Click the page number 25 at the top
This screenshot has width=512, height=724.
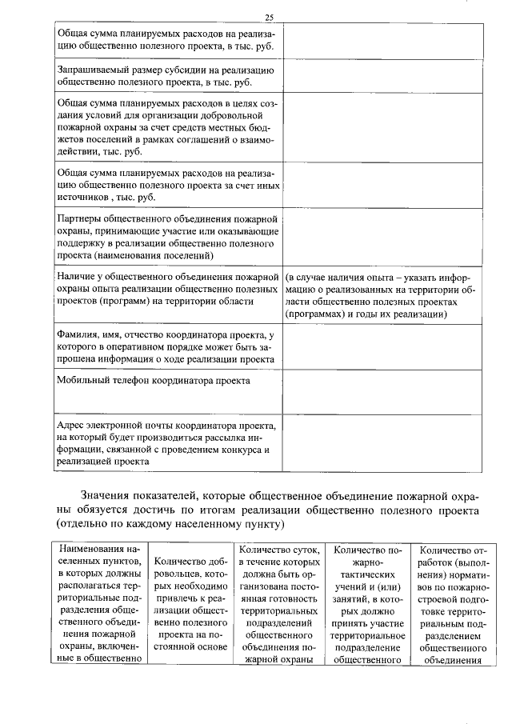(270, 18)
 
